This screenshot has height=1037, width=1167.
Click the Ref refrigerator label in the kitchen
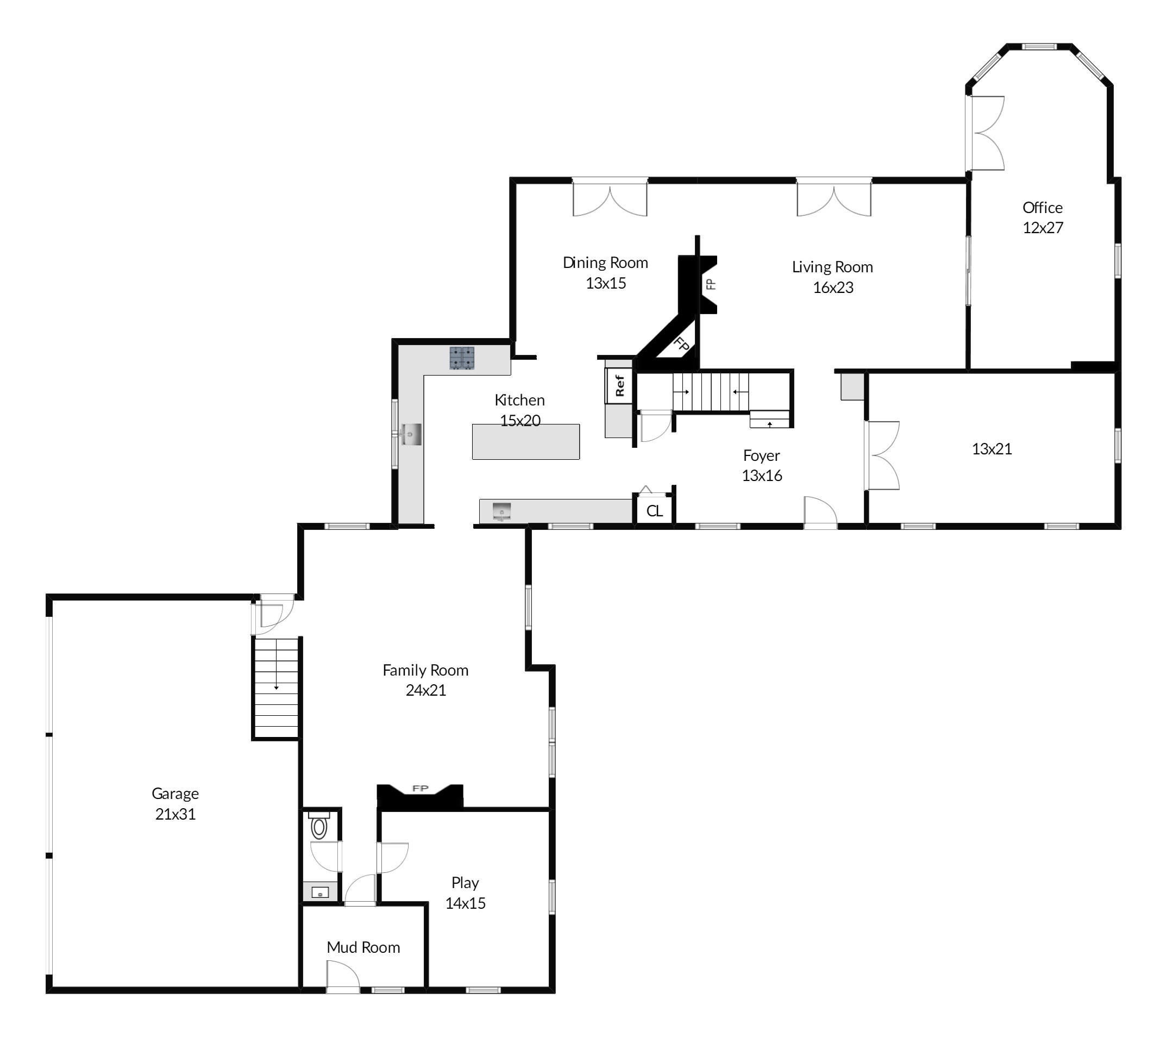point(619,385)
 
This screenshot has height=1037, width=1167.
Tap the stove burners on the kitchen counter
point(462,358)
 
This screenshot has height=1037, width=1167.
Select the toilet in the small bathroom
point(319,825)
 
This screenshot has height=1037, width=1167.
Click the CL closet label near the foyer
point(655,511)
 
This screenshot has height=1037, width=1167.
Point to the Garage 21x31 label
point(175,803)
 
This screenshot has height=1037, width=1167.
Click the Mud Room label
point(363,947)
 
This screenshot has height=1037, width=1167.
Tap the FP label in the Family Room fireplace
point(420,789)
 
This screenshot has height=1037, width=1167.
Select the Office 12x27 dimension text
point(1043,228)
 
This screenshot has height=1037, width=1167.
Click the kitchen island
point(526,441)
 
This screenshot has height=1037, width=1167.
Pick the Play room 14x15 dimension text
point(465,903)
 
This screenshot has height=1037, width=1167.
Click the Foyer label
point(762,455)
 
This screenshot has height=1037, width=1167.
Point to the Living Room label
point(832,267)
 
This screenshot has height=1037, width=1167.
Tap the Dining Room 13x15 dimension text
point(606,283)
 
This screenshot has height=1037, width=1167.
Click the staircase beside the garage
point(277,688)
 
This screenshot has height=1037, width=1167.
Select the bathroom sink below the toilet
point(321,892)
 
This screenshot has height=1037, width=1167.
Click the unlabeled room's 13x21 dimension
point(992,449)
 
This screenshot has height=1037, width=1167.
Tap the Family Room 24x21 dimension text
point(426,690)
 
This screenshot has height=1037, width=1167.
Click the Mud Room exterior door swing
point(343,977)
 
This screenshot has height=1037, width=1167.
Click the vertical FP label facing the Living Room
point(711,284)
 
